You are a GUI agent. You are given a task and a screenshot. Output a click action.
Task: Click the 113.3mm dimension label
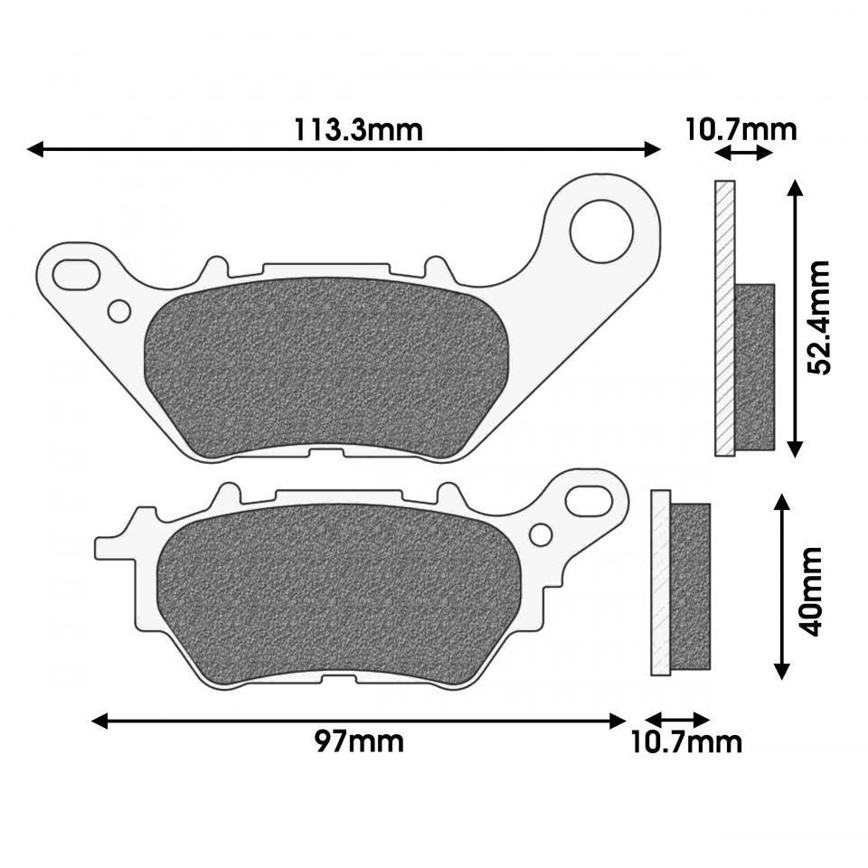click(358, 130)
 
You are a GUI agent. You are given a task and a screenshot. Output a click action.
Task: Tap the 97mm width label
click(359, 742)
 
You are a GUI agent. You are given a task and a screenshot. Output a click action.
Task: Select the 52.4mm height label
click(819, 317)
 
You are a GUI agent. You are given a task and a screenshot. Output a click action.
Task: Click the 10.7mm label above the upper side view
click(741, 129)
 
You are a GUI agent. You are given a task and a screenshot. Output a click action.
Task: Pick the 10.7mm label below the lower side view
click(686, 742)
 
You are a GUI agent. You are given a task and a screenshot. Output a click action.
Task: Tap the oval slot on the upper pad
click(77, 270)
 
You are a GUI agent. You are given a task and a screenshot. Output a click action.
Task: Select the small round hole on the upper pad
click(118, 311)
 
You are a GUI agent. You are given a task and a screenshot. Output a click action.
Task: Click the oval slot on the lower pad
click(589, 498)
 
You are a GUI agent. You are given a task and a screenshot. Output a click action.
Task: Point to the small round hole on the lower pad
click(541, 534)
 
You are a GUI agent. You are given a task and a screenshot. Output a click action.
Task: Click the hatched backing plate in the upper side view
click(724, 317)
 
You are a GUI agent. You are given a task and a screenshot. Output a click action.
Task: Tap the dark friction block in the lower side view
click(691, 585)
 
